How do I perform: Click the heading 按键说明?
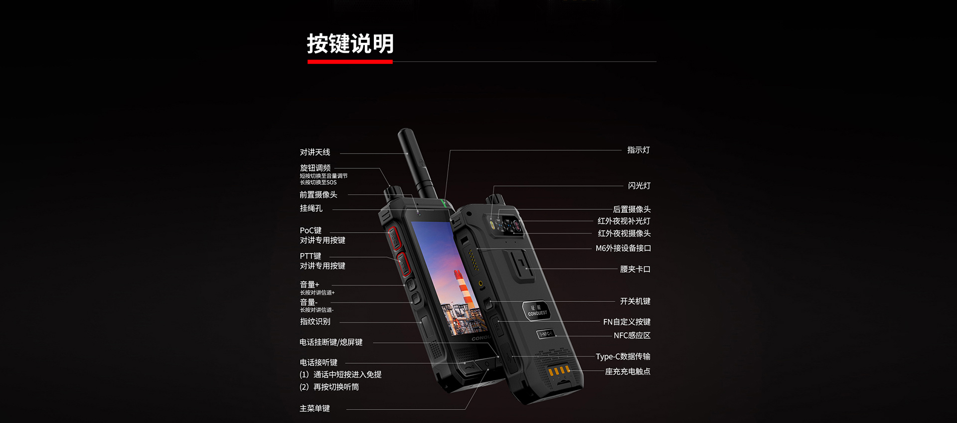(350, 44)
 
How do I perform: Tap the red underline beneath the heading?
(350, 62)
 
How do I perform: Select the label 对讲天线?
(315, 152)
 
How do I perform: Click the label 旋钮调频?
(315, 168)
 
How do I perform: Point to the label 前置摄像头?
(319, 195)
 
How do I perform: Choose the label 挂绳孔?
(311, 208)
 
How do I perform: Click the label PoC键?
(311, 230)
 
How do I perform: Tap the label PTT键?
(311, 256)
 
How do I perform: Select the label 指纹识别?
(315, 321)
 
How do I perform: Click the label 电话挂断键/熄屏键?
(331, 342)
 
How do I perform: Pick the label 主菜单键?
(315, 409)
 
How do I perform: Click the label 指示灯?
(638, 150)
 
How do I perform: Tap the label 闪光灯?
(639, 186)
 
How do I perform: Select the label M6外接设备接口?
(624, 248)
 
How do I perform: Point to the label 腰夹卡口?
(635, 269)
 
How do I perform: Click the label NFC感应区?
(632, 335)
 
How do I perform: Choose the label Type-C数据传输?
(623, 356)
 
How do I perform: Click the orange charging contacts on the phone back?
(559, 371)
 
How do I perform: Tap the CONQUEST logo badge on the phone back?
(537, 310)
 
